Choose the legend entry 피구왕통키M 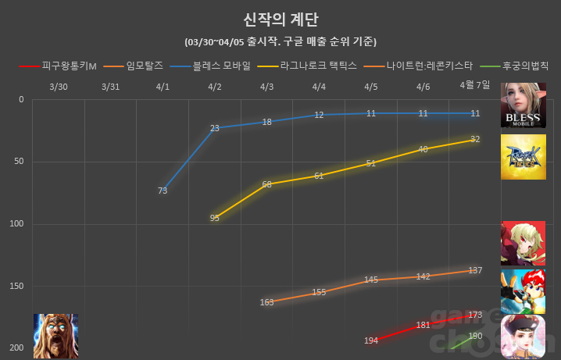[x=68, y=66]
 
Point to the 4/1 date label [x=163, y=85]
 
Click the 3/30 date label [x=58, y=85]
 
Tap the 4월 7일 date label [x=474, y=85]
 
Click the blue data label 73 [x=163, y=191]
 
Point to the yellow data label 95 [x=215, y=218]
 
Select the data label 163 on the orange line [x=267, y=301]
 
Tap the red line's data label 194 [x=371, y=340]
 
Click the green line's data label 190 [x=475, y=336]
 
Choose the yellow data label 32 [x=475, y=140]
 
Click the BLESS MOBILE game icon [x=523, y=105]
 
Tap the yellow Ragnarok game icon [x=523, y=157]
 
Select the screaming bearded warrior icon [x=55, y=336]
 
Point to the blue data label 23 [x=215, y=128]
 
